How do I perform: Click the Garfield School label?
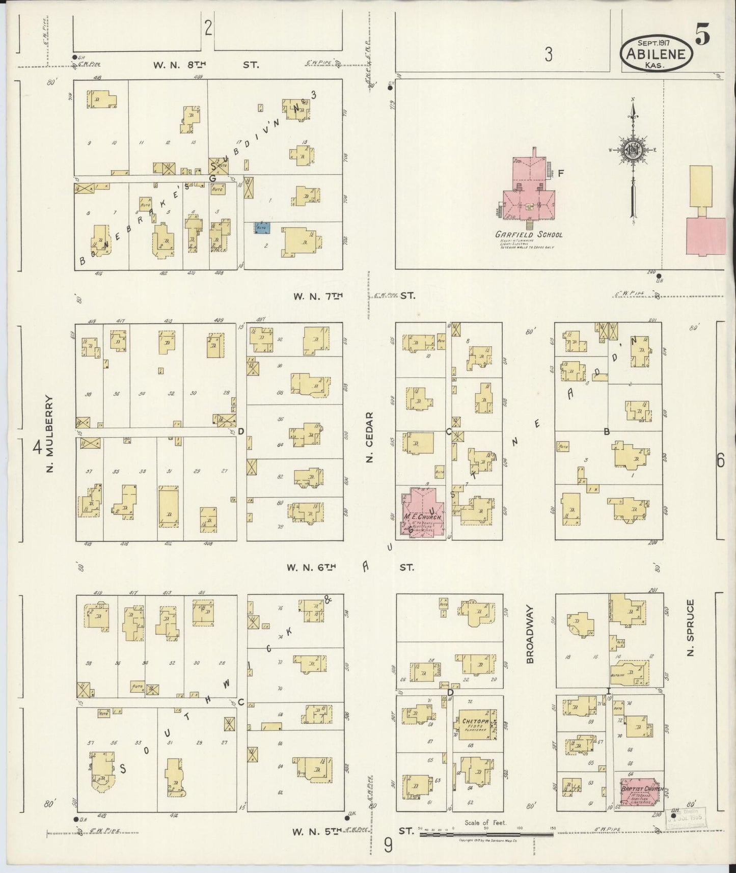click(x=529, y=235)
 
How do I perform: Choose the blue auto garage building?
click(x=262, y=228)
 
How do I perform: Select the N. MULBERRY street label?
click(x=49, y=433)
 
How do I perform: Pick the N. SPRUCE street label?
click(x=690, y=628)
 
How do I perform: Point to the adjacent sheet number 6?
click(x=720, y=460)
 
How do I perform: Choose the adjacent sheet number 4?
click(x=37, y=448)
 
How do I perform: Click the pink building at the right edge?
click(x=706, y=236)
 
